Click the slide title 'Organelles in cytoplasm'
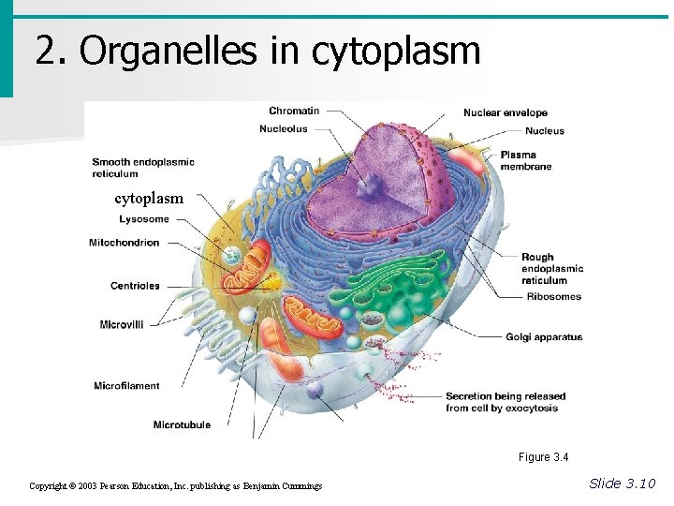[257, 51]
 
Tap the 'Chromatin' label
[294, 111]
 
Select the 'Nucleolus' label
[284, 129]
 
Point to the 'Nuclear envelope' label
[505, 113]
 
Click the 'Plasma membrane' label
[525, 160]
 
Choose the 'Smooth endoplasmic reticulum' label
[143, 168]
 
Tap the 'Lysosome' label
[144, 219]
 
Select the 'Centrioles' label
[135, 286]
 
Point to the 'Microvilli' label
[122, 324]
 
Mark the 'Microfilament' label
[126, 386]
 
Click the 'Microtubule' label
[182, 425]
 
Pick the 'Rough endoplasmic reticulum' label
[552, 268]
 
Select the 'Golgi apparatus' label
[544, 337]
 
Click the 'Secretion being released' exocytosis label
[505, 402]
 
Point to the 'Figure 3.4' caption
[543, 457]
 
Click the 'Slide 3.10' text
[623, 484]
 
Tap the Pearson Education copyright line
[176, 486]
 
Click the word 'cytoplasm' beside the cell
[149, 199]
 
